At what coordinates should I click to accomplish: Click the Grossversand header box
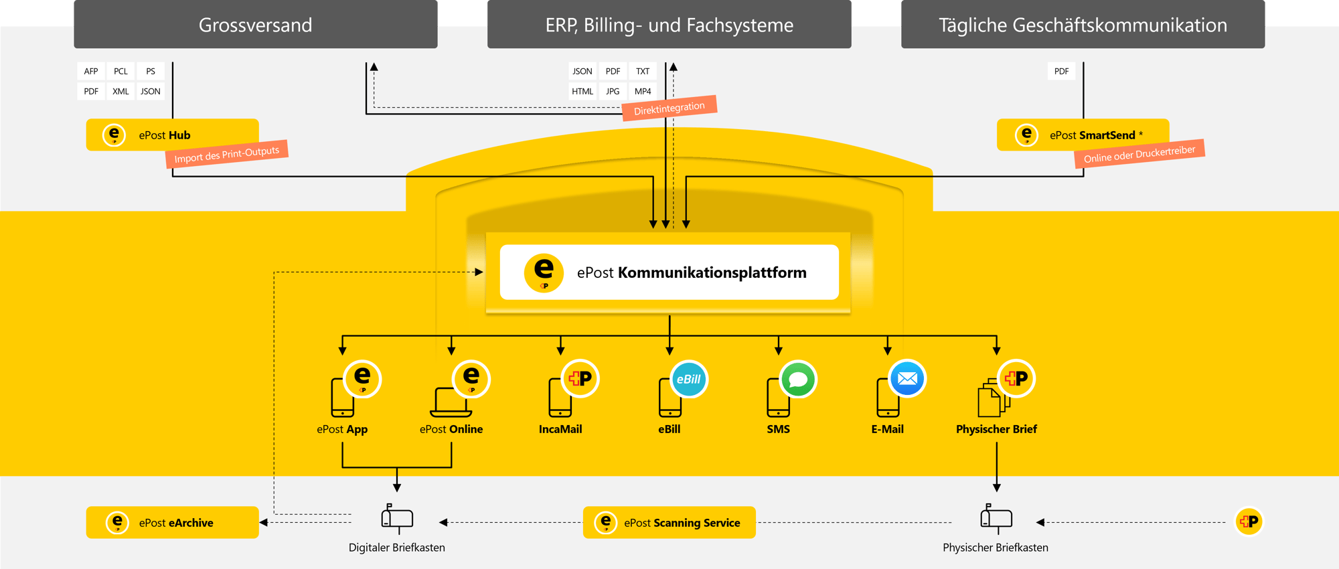(255, 25)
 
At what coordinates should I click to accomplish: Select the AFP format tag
(91, 71)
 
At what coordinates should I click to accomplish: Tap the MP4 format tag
(643, 91)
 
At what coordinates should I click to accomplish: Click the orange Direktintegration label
(669, 108)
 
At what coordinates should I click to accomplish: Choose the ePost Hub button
(172, 135)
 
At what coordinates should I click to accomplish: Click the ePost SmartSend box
(1083, 135)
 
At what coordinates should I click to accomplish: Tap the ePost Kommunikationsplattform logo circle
(544, 272)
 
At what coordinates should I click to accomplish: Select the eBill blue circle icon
(688, 379)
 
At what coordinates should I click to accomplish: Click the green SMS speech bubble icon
(798, 380)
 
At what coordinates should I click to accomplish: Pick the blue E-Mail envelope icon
(907, 379)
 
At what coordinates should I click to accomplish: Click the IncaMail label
(560, 429)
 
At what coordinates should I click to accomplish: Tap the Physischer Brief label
(996, 429)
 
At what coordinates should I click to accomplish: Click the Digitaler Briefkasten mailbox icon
(397, 518)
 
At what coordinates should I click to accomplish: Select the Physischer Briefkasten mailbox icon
(996, 518)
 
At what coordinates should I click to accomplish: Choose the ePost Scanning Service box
(669, 522)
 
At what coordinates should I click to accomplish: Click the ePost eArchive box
(172, 522)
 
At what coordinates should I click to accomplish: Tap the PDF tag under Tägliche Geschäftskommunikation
(1061, 71)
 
